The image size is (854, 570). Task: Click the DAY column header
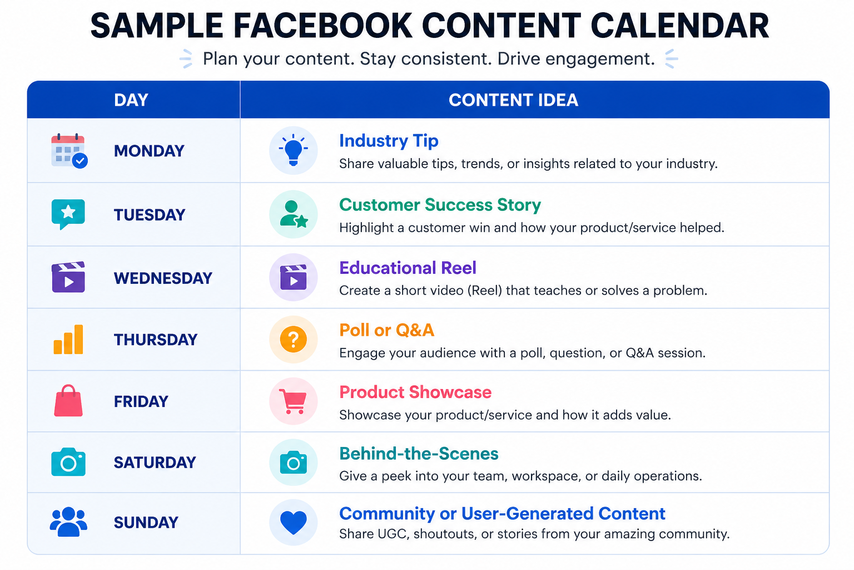coord(131,100)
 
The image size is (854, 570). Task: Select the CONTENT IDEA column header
coord(513,100)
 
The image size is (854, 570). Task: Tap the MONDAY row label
coord(149,151)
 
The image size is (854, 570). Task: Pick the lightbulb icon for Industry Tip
coord(293,150)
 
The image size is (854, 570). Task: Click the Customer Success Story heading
coord(440,205)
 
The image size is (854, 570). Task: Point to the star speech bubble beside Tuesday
coord(68,214)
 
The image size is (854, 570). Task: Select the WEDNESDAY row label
coord(163,278)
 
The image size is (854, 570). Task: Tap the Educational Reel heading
coord(408,268)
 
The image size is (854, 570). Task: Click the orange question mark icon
coord(293,339)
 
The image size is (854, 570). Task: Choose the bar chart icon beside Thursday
coord(68,340)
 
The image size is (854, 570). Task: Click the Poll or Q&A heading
coord(386,330)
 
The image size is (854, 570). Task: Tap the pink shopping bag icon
coord(68,400)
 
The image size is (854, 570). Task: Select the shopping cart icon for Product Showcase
coord(293,401)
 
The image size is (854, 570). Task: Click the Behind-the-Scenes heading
coord(419,454)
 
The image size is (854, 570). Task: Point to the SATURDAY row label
coord(155,463)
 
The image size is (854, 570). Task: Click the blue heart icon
coord(293,522)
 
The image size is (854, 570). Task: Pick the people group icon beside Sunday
coord(68,522)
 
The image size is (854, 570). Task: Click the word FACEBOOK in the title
coord(322,26)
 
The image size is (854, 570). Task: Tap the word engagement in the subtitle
coord(600,59)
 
